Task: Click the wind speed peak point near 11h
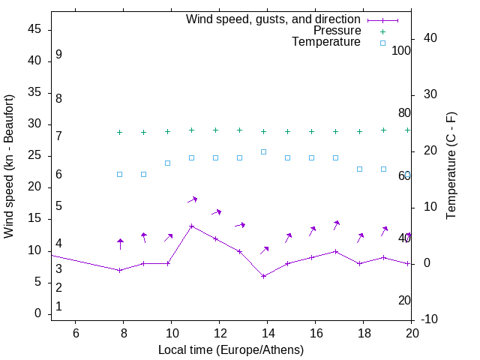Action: pyautogui.click(x=192, y=226)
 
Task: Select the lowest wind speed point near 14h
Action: pyautogui.click(x=264, y=276)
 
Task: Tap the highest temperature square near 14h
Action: pyautogui.click(x=264, y=151)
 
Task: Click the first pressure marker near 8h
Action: pyautogui.click(x=119, y=132)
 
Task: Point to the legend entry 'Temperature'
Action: pyautogui.click(x=326, y=43)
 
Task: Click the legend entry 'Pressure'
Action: pyautogui.click(x=337, y=31)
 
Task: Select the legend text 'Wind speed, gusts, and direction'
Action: pyautogui.click(x=274, y=19)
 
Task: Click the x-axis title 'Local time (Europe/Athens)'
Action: pyautogui.click(x=231, y=349)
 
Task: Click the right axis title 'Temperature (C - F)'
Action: pyautogui.click(x=451, y=166)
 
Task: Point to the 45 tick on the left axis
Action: pyautogui.click(x=34, y=30)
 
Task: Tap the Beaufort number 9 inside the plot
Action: pyautogui.click(x=58, y=55)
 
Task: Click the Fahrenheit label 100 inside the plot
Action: pyautogui.click(x=401, y=50)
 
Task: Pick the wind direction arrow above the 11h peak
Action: pyautogui.click(x=192, y=199)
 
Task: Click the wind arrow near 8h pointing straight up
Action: pyautogui.click(x=120, y=244)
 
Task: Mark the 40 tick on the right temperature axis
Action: pyautogui.click(x=421, y=38)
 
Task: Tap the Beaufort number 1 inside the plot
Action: pyautogui.click(x=58, y=307)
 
